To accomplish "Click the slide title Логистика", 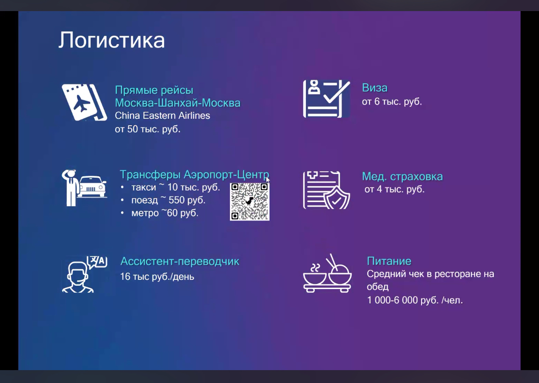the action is (x=111, y=41).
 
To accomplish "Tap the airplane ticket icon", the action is (x=84, y=102).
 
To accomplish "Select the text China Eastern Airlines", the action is (x=162, y=116).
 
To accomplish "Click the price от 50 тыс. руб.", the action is (x=147, y=129).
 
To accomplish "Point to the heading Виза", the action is (x=375, y=88).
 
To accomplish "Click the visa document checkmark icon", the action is (x=327, y=99).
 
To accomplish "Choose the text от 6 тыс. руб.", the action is (x=392, y=102).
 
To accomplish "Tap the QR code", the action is (x=250, y=201).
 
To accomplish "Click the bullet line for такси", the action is (x=170, y=187).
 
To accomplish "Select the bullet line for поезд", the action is (x=163, y=200).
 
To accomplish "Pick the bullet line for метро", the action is (x=159, y=213).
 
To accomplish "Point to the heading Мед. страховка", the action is (x=402, y=177).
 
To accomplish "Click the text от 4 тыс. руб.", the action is (x=395, y=189).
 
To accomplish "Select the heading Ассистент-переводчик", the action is (x=180, y=261).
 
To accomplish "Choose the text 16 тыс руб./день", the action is (x=157, y=277).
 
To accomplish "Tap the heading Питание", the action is (x=389, y=261).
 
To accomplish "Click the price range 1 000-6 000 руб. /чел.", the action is (x=415, y=300).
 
